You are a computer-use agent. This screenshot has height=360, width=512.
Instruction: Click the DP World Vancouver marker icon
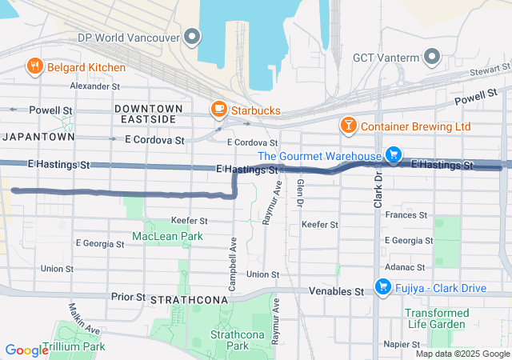pyautogui.click(x=192, y=37)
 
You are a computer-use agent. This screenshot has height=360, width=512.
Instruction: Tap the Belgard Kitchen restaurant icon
pyautogui.click(x=35, y=66)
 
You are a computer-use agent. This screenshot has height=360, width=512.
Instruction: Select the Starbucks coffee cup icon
pyautogui.click(x=218, y=109)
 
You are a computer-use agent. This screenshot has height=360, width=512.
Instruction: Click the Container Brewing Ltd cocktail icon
pyautogui.click(x=348, y=126)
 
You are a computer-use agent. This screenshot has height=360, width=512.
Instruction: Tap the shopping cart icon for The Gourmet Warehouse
pyautogui.click(x=393, y=154)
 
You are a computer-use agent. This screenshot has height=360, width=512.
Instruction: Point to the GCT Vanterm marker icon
pyautogui.click(x=432, y=58)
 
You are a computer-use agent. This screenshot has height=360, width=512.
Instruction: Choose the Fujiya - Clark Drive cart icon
pyautogui.click(x=382, y=286)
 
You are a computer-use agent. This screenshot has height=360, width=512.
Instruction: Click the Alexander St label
pyautogui.click(x=94, y=86)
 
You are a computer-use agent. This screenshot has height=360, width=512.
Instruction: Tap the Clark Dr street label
pyautogui.click(x=378, y=191)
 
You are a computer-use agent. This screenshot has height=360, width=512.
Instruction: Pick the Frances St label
pyautogui.click(x=406, y=215)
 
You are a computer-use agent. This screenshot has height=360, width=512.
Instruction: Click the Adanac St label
pyautogui.click(x=406, y=266)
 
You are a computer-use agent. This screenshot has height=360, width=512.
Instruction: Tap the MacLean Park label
pyautogui.click(x=168, y=236)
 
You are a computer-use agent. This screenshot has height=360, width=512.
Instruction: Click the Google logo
pyautogui.click(x=27, y=350)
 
